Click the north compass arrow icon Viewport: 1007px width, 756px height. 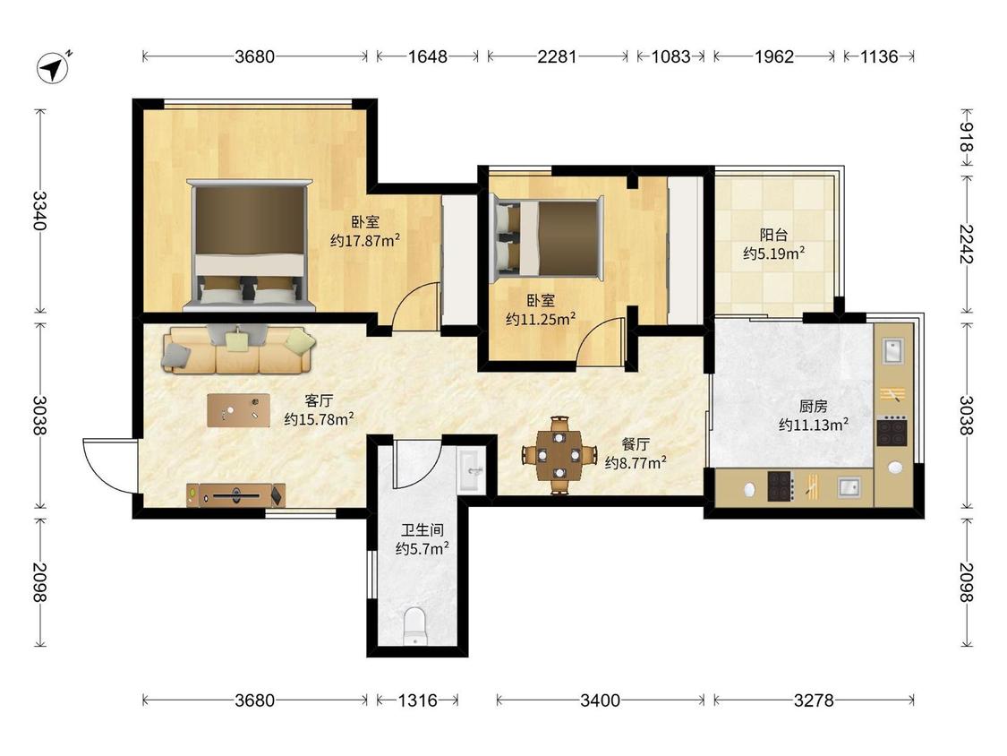tap(54, 66)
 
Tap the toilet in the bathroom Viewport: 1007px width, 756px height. tap(414, 625)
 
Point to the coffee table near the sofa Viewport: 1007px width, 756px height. tap(238, 410)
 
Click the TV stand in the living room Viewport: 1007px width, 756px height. tap(235, 495)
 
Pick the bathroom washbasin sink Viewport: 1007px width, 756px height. tap(472, 470)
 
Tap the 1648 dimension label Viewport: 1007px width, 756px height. tap(428, 56)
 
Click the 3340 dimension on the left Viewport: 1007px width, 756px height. tap(39, 210)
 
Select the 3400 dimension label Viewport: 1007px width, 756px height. tap(600, 700)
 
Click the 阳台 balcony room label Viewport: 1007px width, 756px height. tap(774, 235)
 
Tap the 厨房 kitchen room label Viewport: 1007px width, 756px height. tap(813, 407)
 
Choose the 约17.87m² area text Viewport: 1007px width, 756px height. tap(365, 241)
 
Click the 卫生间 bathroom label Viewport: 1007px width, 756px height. tap(422, 530)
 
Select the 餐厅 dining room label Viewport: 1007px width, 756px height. tap(636, 444)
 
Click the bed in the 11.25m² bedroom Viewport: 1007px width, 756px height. tap(547, 238)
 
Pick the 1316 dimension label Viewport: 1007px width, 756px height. tap(417, 700)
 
